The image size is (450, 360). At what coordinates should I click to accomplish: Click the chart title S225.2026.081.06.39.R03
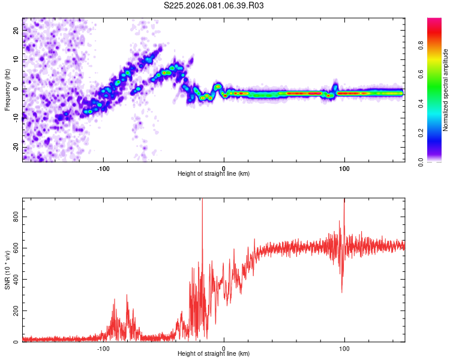click(x=214, y=6)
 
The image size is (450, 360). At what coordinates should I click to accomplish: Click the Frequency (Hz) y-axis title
click(x=7, y=90)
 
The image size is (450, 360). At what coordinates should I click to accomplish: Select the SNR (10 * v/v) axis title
click(x=7, y=270)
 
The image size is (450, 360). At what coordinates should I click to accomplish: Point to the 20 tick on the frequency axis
click(x=17, y=31)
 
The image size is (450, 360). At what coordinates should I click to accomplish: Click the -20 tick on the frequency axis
click(x=17, y=147)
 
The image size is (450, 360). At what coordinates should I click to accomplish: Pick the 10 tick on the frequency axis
click(x=17, y=60)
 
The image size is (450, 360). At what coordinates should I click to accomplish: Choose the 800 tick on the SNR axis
click(x=17, y=217)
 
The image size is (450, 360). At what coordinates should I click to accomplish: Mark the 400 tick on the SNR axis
click(x=17, y=280)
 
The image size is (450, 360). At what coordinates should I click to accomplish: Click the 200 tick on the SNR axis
click(x=17, y=311)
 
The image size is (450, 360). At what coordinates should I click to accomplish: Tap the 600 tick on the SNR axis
click(x=17, y=248)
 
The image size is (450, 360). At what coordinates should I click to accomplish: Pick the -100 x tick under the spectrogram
click(x=103, y=167)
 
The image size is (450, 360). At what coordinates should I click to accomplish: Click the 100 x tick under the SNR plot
click(x=344, y=348)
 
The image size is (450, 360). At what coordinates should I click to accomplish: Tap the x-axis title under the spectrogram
click(x=214, y=174)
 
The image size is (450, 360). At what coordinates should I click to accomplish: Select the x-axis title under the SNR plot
click(x=214, y=354)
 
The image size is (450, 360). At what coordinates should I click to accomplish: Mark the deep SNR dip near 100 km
click(x=342, y=292)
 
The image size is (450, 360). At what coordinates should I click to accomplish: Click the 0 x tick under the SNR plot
click(x=224, y=348)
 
